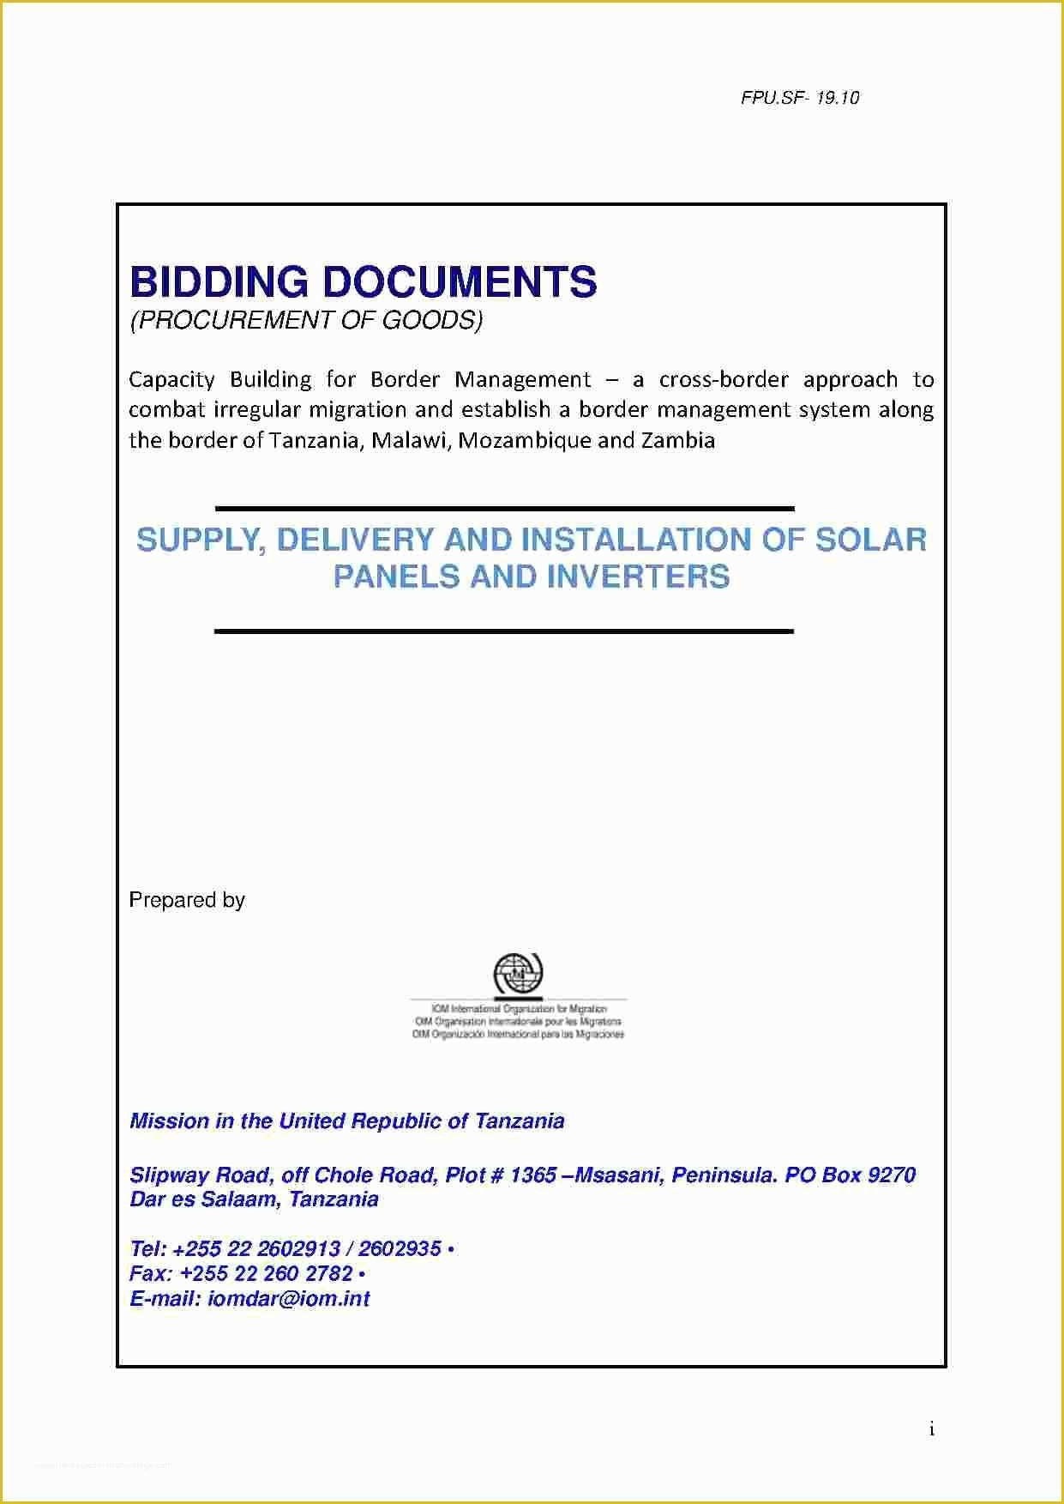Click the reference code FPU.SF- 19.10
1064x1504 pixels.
click(799, 98)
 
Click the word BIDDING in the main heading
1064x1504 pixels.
click(219, 282)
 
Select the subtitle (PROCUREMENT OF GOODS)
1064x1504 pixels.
click(306, 320)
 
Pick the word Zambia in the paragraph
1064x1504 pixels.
click(677, 441)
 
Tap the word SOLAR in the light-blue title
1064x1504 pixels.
click(870, 540)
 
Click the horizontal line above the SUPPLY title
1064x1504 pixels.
click(504, 509)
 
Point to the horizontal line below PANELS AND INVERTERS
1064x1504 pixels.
click(504, 631)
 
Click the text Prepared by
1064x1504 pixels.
click(187, 900)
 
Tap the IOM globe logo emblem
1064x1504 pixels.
click(518, 975)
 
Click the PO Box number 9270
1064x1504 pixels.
click(892, 1175)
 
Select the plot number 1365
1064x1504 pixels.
click(533, 1175)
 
